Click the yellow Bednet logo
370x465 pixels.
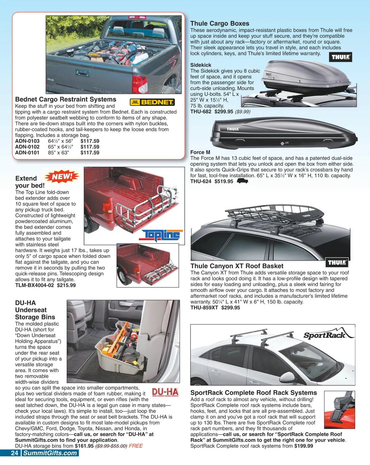(152, 102)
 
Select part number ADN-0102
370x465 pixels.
(27, 147)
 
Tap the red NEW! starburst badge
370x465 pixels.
(62, 177)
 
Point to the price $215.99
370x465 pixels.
(66, 285)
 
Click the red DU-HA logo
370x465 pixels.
(165, 392)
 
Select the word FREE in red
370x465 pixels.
(136, 446)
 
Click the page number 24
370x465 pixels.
(14, 453)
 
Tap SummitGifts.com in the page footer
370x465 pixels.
(50, 453)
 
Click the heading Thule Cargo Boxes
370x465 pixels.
(220, 23)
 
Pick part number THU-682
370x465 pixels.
(201, 111)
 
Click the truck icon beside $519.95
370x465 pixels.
(242, 181)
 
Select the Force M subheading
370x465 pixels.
(200, 152)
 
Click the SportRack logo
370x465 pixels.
(325, 335)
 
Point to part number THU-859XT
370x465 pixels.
(204, 307)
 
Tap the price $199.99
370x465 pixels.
(304, 446)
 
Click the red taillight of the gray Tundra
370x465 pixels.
(139, 83)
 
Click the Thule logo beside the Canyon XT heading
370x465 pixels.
(337, 263)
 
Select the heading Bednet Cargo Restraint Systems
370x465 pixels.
(66, 99)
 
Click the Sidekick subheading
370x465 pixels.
(201, 65)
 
